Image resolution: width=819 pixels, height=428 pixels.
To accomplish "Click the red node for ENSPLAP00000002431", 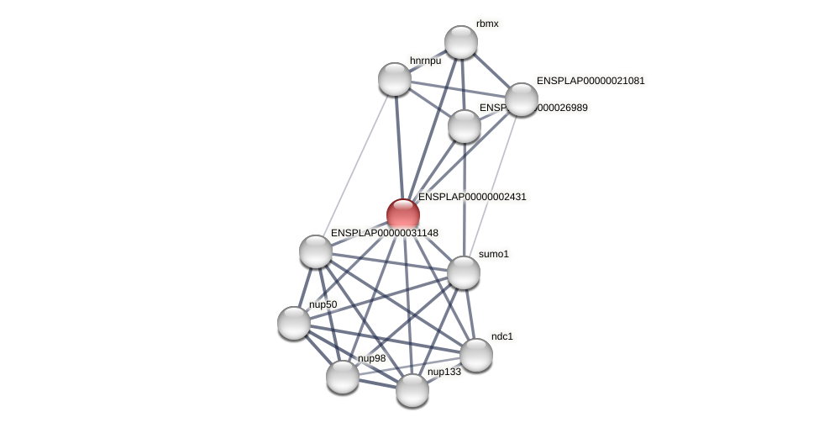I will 403,214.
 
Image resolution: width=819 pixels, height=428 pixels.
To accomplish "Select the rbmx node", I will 461,42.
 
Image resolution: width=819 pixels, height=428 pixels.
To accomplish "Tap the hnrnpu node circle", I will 395,79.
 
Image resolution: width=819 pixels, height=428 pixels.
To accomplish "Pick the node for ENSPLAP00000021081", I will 522,99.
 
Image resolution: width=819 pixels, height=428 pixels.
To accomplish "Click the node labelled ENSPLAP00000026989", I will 465,126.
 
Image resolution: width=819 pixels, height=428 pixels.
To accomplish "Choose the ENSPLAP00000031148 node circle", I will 316,251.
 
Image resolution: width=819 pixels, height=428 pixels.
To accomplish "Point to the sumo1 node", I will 464,272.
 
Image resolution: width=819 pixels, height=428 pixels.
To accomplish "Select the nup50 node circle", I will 294,323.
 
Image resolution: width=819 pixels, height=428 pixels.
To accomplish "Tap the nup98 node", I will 343,376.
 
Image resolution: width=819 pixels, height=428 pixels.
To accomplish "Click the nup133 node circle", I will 412,390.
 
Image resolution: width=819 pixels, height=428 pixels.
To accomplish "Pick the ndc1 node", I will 476,355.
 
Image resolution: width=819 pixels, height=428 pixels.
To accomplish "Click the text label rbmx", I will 487,24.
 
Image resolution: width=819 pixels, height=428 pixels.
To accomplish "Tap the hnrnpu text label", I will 425,61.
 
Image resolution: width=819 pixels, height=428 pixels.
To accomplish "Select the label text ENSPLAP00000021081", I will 591,81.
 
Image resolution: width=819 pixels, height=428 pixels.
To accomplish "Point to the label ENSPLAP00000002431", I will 472,197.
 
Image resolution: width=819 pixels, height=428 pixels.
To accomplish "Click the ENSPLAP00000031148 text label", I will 384,233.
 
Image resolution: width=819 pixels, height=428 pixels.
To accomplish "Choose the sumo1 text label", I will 494,254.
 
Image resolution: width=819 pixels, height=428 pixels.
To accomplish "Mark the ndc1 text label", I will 502,336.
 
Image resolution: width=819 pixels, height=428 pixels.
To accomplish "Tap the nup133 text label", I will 444,372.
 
